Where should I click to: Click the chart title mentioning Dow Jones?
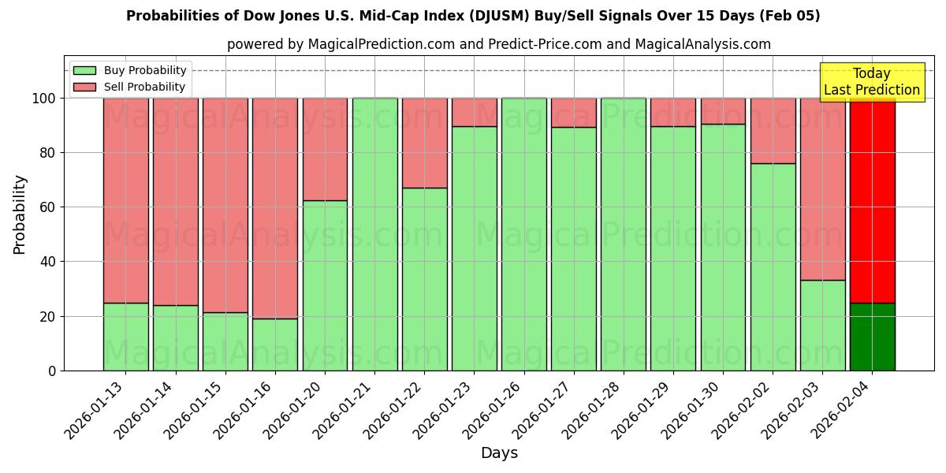(473, 16)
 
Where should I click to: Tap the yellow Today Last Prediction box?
(871, 82)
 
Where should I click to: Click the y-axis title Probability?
(20, 214)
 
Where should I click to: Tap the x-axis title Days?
(499, 453)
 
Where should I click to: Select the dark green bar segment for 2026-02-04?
(872, 337)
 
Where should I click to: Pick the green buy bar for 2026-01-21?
(374, 234)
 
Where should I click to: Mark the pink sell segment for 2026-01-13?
(125, 200)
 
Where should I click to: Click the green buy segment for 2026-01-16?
(275, 345)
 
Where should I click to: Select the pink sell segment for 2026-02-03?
(822, 189)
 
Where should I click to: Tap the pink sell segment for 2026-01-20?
(325, 149)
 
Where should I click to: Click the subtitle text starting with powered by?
(499, 44)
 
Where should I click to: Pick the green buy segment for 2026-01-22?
(424, 279)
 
